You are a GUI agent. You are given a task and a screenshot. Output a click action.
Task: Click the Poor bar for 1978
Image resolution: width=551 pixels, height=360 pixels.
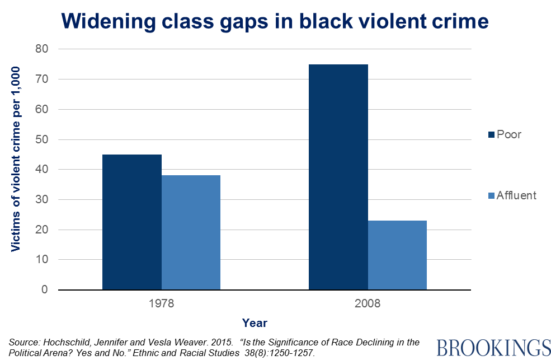pos(132,222)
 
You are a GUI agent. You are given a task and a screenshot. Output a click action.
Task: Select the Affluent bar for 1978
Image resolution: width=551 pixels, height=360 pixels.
pos(191,232)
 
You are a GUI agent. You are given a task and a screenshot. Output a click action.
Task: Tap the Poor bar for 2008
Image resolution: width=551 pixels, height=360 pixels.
pos(338,177)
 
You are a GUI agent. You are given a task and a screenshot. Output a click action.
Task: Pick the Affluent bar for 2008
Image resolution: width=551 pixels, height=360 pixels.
pos(397,255)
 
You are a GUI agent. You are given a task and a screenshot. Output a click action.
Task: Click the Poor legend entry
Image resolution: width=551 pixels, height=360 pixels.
pos(505,134)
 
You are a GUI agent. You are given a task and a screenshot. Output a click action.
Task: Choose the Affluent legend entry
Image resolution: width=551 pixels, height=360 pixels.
pos(512,195)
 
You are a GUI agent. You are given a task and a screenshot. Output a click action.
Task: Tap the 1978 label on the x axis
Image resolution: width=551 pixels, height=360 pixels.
pos(161,304)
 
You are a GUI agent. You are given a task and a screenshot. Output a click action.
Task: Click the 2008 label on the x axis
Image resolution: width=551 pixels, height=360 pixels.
pos(368,304)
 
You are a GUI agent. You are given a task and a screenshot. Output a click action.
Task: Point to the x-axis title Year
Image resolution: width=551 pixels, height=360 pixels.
pos(255,323)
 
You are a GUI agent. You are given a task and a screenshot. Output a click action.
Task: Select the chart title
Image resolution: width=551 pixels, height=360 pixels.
pos(275,21)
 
